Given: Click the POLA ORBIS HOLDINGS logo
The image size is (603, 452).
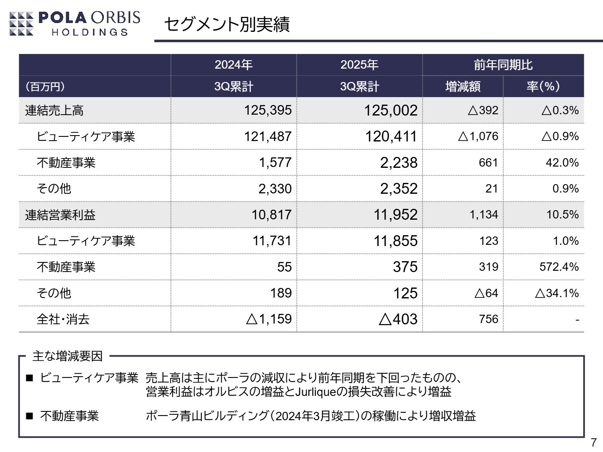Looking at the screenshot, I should (75, 23).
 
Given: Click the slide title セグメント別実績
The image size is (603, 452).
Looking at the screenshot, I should (227, 25).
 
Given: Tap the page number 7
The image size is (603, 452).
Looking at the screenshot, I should (593, 442).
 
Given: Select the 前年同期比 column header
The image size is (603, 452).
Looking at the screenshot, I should (503, 65).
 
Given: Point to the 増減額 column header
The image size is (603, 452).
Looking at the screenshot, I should (463, 87).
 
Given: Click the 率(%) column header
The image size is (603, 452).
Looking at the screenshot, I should (543, 87).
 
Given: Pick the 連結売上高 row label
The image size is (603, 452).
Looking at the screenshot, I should (54, 110).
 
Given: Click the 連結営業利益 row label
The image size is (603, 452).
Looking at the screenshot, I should (60, 215).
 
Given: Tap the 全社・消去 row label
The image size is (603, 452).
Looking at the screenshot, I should (63, 319).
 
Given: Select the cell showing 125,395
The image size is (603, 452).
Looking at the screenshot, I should (268, 110).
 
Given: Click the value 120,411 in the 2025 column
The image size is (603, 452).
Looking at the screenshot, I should (391, 136).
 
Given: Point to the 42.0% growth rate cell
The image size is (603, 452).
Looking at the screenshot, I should (562, 162).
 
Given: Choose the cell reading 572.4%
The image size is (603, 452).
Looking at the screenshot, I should (559, 267).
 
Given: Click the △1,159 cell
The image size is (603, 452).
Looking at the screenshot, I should (268, 319).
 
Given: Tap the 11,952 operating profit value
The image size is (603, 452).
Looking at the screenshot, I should (395, 215).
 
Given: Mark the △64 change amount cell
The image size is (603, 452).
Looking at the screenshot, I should (486, 293).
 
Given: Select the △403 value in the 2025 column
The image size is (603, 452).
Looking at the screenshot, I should (398, 319).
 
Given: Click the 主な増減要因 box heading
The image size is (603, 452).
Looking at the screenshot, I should (67, 356).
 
